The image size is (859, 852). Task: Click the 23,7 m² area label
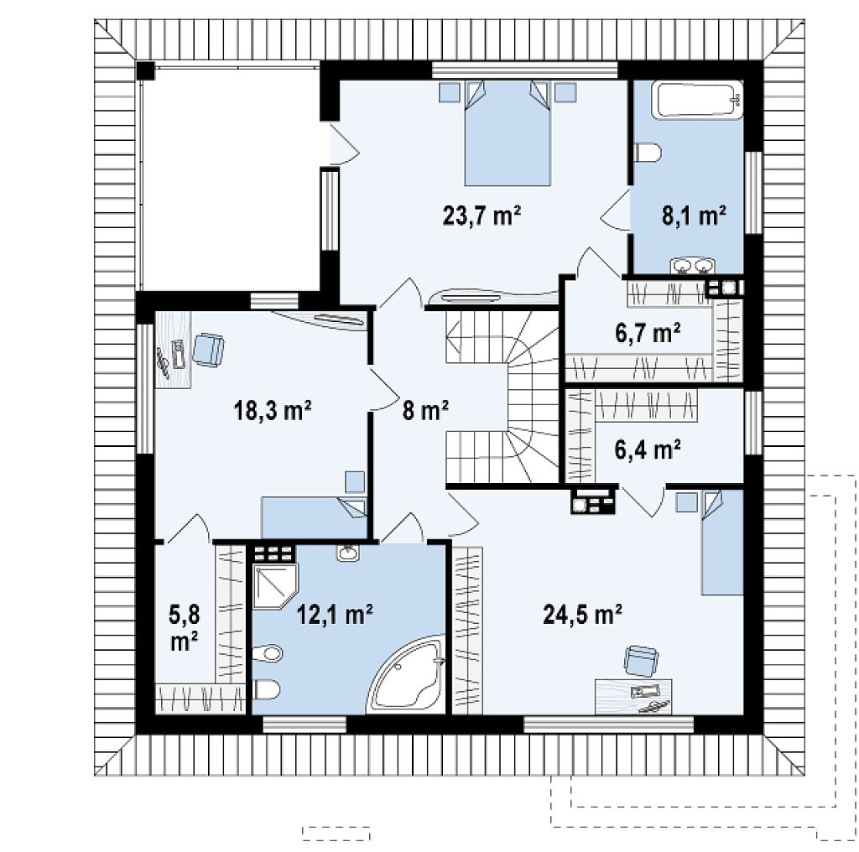482,216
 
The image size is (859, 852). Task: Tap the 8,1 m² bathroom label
694,216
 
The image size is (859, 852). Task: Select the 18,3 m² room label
273,410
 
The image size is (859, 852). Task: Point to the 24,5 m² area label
582,615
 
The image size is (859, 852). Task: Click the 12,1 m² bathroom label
335,615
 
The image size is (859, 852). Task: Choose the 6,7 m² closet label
648,332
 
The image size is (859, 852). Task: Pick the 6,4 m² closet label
648,449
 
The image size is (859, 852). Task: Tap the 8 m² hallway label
425,410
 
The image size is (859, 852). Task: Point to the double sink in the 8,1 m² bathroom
692,266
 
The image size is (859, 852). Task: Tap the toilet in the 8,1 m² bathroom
648,153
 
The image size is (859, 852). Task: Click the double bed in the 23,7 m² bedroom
507,133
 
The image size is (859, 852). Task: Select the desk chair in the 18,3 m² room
208,350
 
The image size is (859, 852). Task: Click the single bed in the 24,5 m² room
722,542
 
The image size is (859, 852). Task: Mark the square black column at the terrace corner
146,71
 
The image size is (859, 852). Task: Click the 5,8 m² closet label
184,628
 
